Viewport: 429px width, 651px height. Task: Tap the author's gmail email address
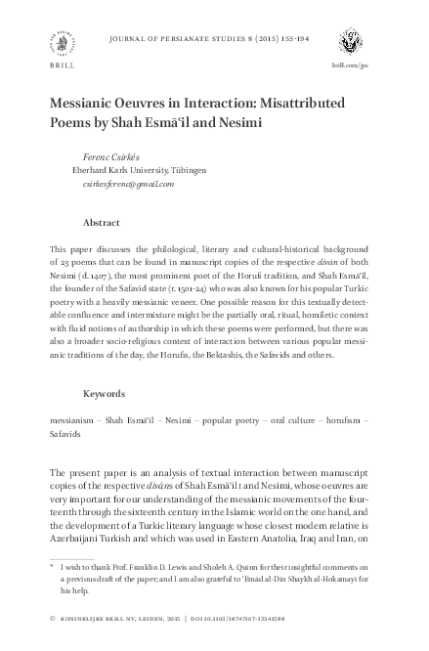tap(128, 183)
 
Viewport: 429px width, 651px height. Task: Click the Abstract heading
tap(103, 223)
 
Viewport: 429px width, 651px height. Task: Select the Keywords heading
tap(105, 393)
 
